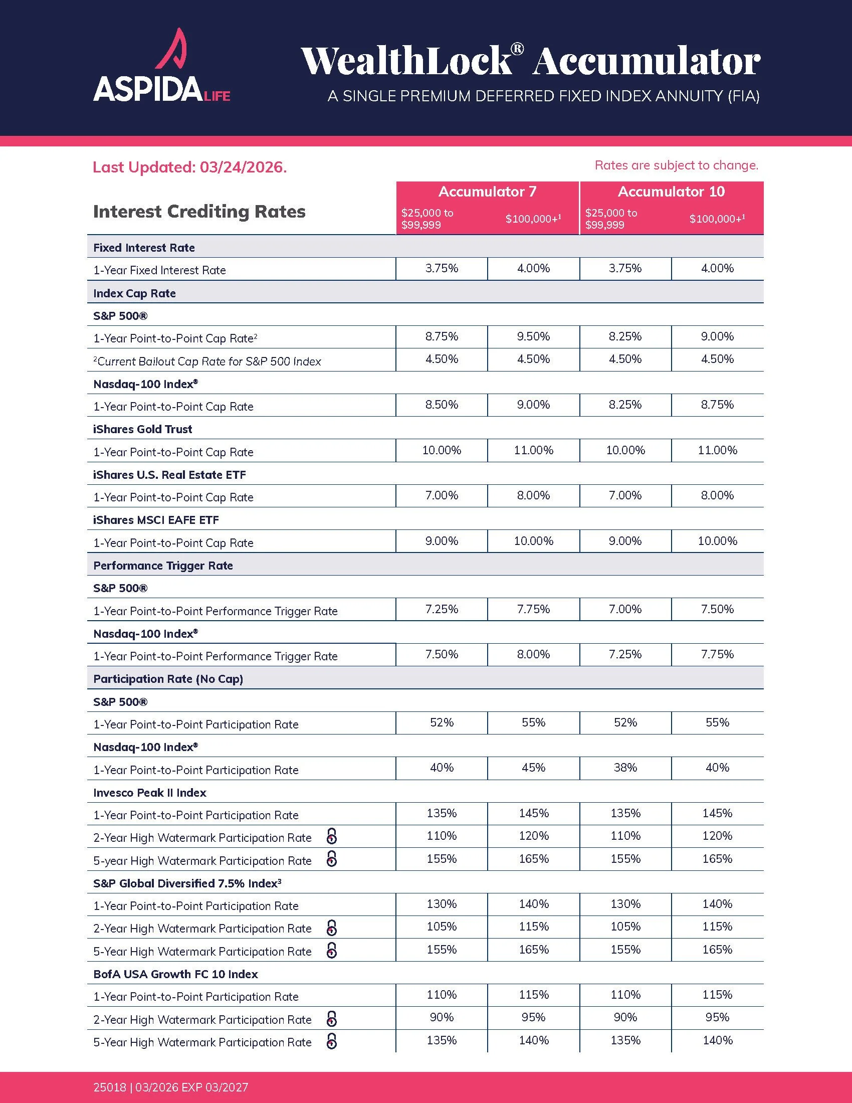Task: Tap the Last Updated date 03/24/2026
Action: tap(243, 167)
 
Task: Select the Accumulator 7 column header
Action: tap(487, 192)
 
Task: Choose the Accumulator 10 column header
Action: tap(671, 192)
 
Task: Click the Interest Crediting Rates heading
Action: tap(199, 211)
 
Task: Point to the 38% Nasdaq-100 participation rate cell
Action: tap(625, 768)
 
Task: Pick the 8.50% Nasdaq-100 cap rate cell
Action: tap(442, 405)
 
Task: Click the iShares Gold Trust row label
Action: tap(143, 429)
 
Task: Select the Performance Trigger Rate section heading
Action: tap(163, 566)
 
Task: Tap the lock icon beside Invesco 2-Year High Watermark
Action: tap(332, 836)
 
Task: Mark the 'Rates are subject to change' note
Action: tap(677, 165)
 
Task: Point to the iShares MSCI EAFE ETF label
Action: tap(156, 520)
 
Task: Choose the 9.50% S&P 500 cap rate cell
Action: tap(534, 336)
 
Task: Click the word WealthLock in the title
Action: tap(407, 61)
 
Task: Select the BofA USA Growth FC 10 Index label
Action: tap(175, 974)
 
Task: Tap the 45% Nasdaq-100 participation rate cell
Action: tap(534, 768)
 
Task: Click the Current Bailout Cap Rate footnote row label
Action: tap(207, 361)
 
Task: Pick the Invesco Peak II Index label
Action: tap(150, 793)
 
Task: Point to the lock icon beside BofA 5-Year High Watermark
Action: tap(332, 1041)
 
